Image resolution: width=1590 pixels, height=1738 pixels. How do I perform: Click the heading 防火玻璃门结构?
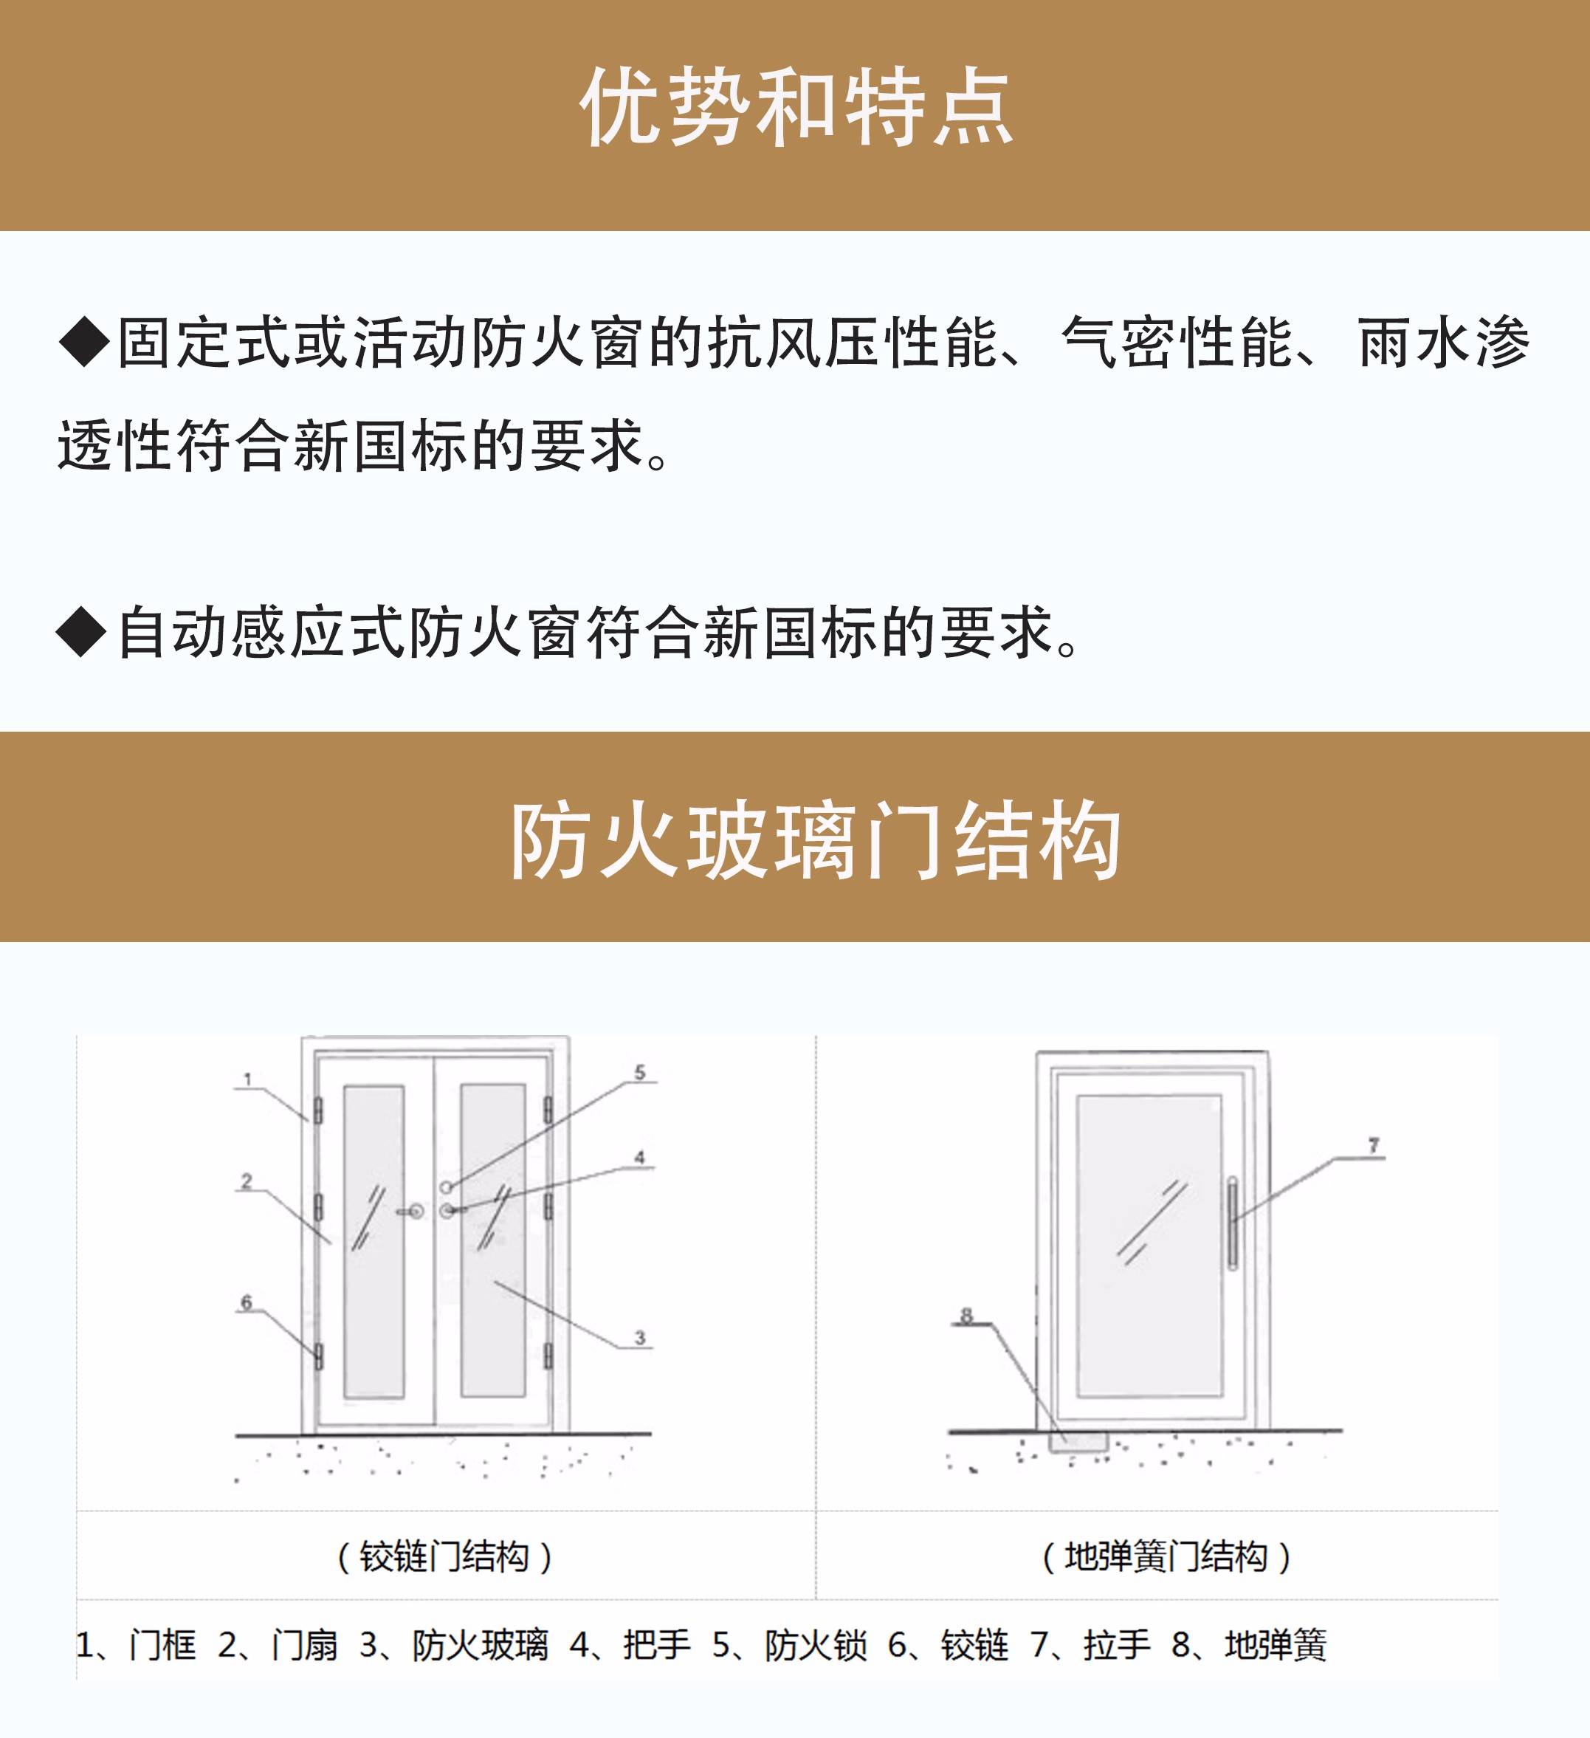point(814,839)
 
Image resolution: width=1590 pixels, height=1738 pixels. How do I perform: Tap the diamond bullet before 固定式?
point(83,341)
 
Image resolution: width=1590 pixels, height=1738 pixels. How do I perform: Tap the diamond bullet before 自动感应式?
point(81,632)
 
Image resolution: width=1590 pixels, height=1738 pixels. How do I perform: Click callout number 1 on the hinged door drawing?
point(247,1079)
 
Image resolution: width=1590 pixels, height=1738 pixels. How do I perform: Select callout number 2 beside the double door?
point(247,1181)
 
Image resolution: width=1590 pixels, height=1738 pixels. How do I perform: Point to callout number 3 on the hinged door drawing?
point(639,1337)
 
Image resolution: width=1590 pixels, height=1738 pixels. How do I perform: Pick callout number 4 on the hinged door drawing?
point(639,1157)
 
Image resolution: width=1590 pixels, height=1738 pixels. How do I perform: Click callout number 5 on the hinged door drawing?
point(639,1073)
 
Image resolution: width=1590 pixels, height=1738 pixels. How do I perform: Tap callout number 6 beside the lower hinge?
point(247,1302)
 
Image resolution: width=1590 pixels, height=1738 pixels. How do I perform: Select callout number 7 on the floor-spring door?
point(1374,1146)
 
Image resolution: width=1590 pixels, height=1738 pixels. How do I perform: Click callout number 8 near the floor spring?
point(966,1316)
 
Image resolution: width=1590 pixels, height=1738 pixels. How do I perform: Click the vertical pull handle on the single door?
point(1232,1223)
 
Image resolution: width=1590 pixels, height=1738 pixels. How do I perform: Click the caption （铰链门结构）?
point(444,1557)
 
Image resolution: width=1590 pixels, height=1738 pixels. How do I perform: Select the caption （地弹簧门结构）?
point(1166,1557)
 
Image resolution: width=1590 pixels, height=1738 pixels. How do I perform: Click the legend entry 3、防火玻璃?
point(453,1645)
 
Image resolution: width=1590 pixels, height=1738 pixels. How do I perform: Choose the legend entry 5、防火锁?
point(789,1645)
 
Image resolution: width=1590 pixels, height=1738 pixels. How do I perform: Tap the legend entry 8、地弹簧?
point(1249,1645)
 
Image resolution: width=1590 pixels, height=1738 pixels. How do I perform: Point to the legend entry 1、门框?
point(136,1645)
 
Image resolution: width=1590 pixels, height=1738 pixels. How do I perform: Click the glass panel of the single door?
point(1149,1246)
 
